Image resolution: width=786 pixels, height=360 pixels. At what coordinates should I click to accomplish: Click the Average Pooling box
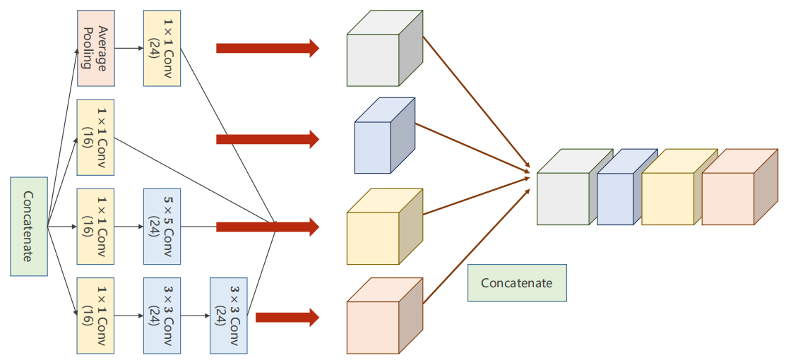click(x=96, y=48)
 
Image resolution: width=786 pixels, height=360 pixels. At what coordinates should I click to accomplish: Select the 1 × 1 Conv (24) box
click(x=162, y=48)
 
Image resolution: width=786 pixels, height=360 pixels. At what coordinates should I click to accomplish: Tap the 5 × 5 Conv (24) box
click(x=162, y=226)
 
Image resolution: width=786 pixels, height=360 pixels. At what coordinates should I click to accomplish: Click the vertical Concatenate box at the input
click(x=29, y=226)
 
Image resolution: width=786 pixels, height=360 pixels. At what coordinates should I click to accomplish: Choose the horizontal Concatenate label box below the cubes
click(x=517, y=283)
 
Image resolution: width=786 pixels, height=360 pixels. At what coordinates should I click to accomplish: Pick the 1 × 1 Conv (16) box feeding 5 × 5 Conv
click(x=96, y=226)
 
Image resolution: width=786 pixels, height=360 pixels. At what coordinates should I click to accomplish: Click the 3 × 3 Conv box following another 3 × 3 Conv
click(x=229, y=316)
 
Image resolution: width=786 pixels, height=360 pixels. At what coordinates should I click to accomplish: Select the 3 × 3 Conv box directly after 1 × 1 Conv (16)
click(x=162, y=316)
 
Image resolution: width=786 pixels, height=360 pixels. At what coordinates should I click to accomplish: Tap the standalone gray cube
click(x=385, y=48)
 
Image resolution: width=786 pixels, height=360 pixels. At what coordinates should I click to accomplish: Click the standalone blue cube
click(x=385, y=136)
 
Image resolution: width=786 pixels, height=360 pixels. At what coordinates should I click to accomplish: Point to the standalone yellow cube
click(x=385, y=226)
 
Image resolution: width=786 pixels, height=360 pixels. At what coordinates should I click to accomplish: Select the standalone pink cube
click(x=385, y=316)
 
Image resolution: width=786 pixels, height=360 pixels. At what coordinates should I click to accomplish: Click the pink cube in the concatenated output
click(x=740, y=186)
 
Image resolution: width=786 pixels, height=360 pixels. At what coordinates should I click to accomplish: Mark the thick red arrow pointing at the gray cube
click(x=268, y=48)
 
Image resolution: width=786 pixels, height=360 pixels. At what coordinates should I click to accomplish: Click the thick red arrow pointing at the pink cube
click(x=287, y=317)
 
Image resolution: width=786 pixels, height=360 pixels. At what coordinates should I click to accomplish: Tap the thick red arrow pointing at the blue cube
click(x=268, y=139)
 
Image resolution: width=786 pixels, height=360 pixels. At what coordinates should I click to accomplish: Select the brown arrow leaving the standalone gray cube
click(x=477, y=101)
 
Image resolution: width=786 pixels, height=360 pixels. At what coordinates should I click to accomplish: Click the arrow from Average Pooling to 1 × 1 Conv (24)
click(x=129, y=48)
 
